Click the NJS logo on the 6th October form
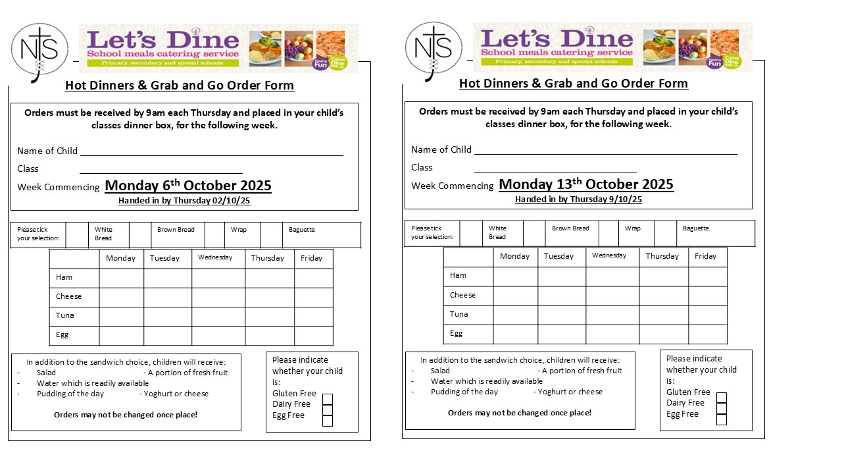[x=39, y=50]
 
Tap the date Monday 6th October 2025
[x=188, y=186]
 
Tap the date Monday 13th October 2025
[x=586, y=184]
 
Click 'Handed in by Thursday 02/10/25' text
[x=184, y=201]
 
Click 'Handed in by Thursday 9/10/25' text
[x=578, y=199]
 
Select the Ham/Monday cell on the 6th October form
[x=121, y=278]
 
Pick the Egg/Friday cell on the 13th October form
[x=707, y=334]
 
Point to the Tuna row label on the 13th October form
[x=459, y=314]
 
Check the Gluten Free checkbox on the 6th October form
[x=328, y=399]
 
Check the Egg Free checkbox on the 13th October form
[x=722, y=419]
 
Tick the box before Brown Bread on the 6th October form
[x=140, y=235]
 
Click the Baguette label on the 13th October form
[x=696, y=228]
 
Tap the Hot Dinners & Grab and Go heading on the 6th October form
[x=180, y=86]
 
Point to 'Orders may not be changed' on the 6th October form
[x=125, y=415]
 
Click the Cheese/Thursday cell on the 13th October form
[x=663, y=296]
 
